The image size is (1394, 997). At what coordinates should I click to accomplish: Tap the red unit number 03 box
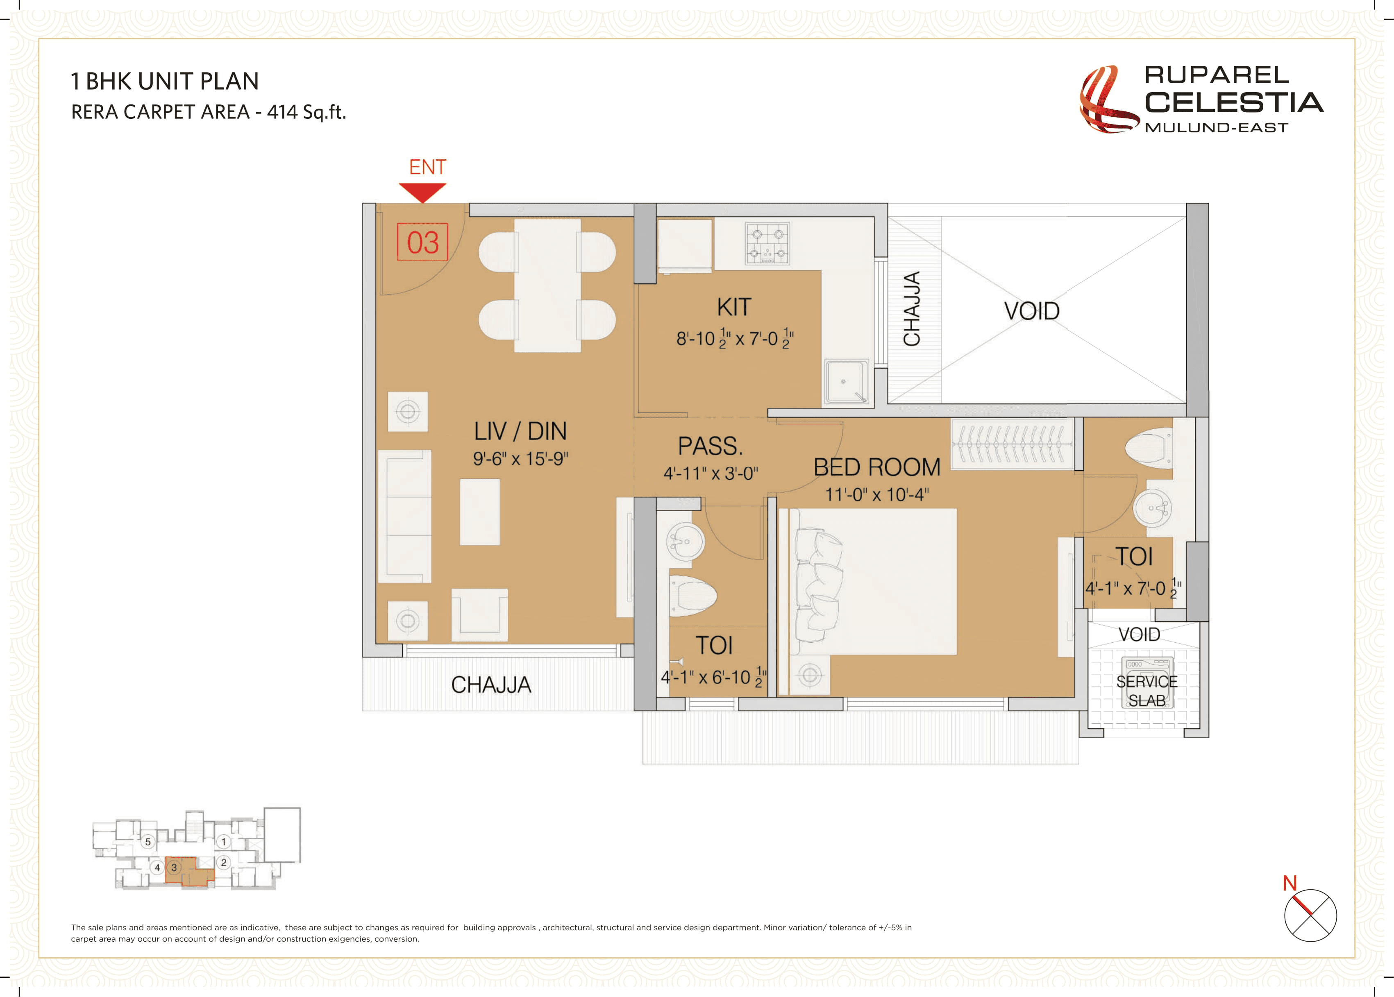[422, 242]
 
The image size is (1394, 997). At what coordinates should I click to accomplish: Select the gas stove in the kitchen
[767, 244]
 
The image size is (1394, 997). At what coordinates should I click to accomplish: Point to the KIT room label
[734, 307]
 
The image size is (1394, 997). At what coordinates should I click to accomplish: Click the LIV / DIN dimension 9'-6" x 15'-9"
[520, 459]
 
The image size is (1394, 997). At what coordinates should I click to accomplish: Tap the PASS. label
[710, 446]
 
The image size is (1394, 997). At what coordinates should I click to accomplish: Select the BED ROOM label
[876, 468]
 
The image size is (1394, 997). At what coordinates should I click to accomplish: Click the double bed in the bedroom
[875, 581]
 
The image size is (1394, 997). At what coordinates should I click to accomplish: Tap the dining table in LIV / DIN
[547, 286]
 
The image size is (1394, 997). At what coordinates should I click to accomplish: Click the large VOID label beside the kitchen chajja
[1032, 311]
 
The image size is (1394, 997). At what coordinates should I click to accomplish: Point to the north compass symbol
[1310, 915]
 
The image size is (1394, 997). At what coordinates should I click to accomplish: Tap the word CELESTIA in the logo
[1233, 102]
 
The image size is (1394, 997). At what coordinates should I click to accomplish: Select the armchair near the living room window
[479, 614]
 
